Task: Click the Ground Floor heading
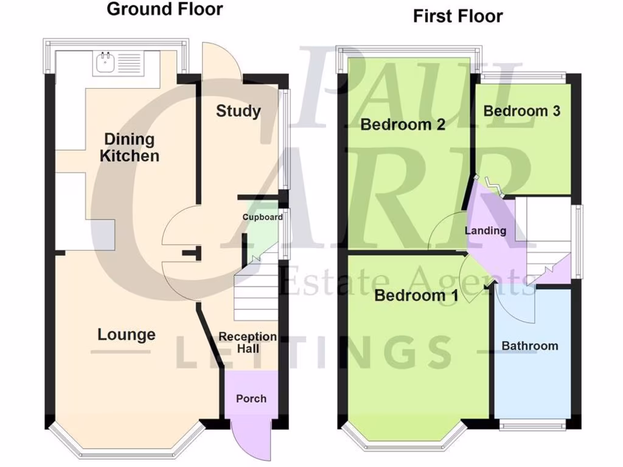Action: click(x=165, y=10)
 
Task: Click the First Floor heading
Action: click(x=458, y=16)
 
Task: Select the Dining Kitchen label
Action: click(x=129, y=147)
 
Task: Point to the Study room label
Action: click(x=238, y=111)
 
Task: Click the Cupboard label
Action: click(x=262, y=217)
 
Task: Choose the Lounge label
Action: click(x=127, y=334)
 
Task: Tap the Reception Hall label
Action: click(x=248, y=342)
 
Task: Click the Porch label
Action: click(x=251, y=398)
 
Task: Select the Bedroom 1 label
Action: click(x=416, y=296)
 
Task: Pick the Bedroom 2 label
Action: click(x=403, y=125)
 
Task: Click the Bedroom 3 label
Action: click(x=521, y=111)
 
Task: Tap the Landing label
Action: click(x=485, y=230)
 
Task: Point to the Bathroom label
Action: click(x=529, y=346)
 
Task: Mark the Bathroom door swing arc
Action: click(x=517, y=304)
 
